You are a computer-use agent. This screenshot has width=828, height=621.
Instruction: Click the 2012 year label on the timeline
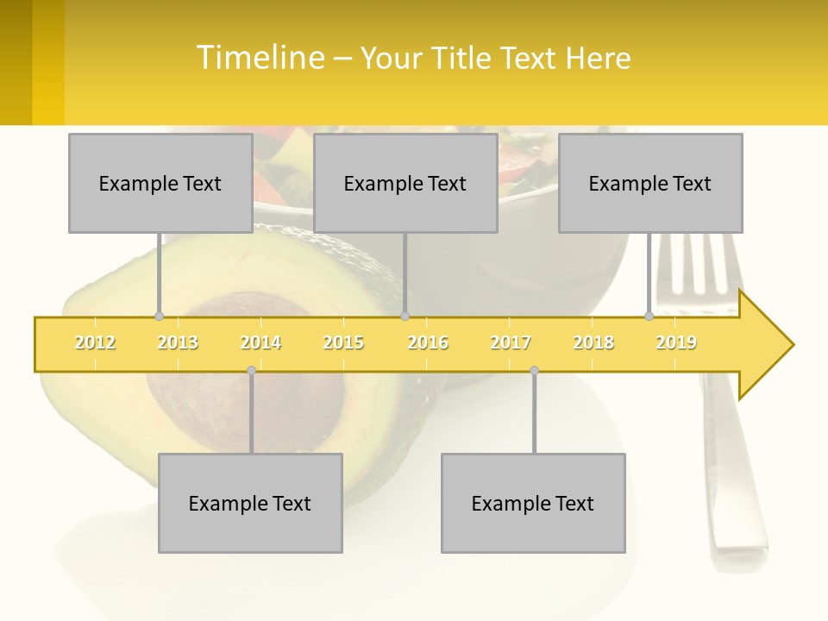point(95,343)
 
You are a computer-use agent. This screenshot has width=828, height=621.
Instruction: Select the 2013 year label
point(178,343)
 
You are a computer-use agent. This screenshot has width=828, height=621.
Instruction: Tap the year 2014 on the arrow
point(260,343)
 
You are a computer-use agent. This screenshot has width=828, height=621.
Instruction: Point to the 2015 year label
point(343,343)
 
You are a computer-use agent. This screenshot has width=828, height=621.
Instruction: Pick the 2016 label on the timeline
point(428,343)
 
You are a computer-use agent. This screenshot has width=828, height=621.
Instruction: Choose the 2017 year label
point(511,343)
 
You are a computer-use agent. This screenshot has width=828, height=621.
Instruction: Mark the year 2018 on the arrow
point(593,343)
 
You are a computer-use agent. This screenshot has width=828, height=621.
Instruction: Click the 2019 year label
point(676,343)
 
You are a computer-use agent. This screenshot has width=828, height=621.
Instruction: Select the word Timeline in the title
point(259,58)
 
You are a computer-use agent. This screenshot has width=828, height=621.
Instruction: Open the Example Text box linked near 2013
point(160,183)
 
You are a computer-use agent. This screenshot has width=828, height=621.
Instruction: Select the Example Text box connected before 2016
point(405,183)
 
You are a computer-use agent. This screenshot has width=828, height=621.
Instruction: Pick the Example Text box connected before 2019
point(650,183)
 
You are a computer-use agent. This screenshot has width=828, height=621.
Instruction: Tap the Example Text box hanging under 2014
point(250,503)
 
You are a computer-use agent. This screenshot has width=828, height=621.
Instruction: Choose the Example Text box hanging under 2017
point(533,503)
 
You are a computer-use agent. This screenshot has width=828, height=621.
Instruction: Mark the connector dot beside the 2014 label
point(251,370)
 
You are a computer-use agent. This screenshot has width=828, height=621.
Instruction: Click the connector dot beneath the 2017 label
point(534,370)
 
